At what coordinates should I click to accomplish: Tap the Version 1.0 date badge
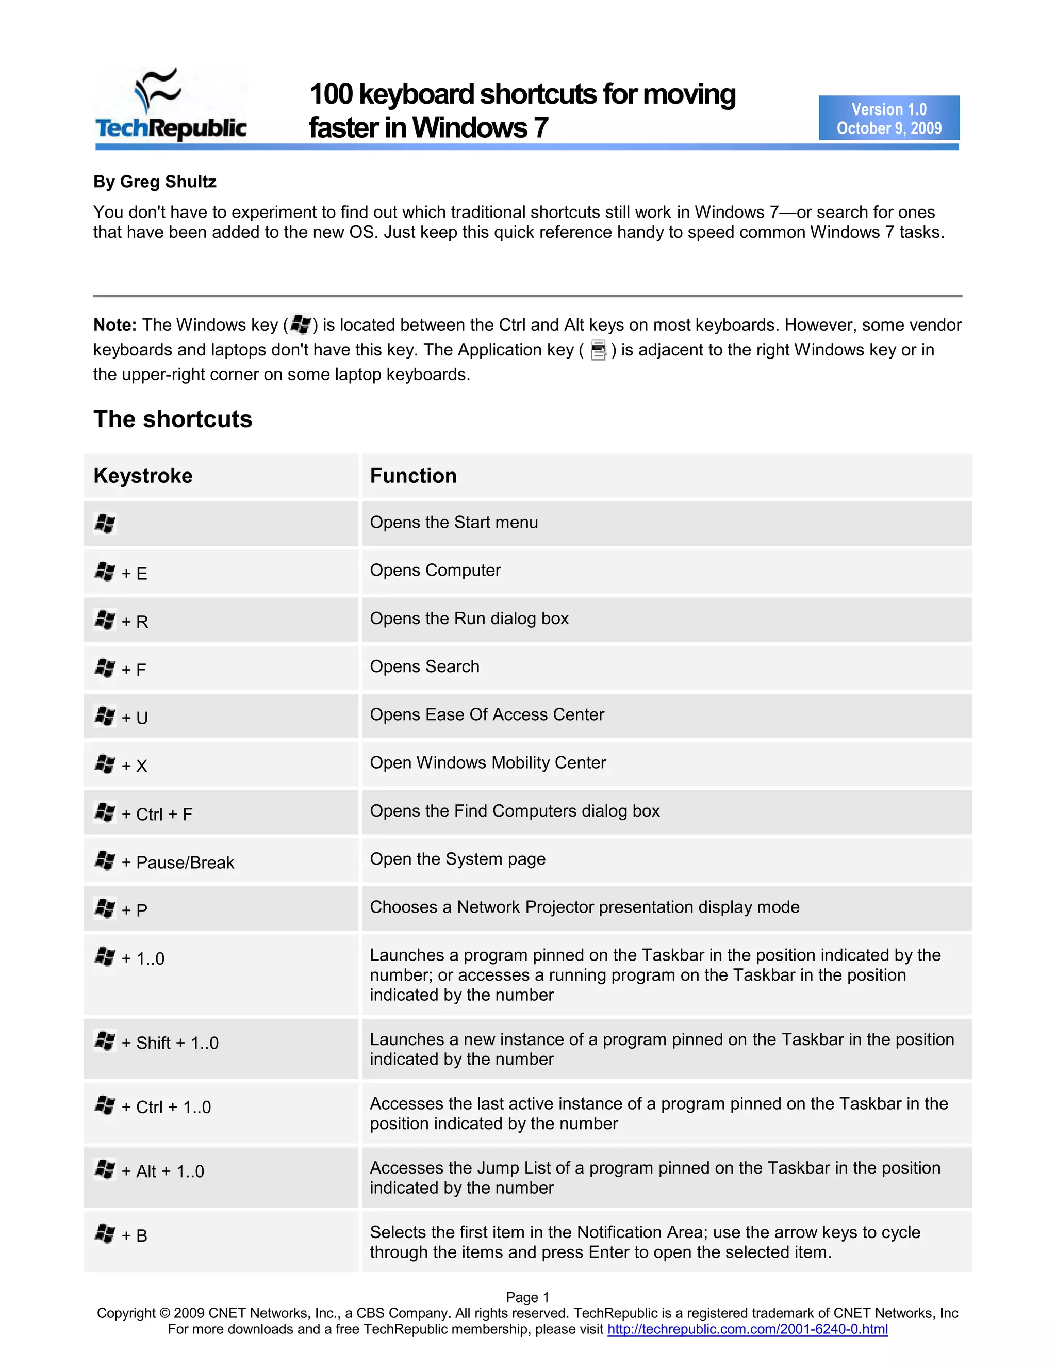pos(888,118)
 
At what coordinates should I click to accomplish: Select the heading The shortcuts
pos(173,419)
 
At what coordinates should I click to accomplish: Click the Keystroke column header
pos(143,476)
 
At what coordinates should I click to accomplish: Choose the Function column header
pos(413,476)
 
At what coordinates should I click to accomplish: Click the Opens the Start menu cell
pos(454,522)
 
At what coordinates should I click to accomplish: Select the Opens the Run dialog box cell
pos(469,619)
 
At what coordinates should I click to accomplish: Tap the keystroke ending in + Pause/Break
pos(164,862)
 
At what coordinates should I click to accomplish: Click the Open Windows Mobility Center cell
pos(488,762)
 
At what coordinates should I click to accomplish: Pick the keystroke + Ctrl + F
pos(143,813)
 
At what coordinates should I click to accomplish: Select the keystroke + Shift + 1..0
pos(156,1043)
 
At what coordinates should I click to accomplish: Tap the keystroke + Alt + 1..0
pos(150,1171)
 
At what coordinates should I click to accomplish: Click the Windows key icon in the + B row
pos(105,1234)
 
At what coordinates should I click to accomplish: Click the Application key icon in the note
pos(598,350)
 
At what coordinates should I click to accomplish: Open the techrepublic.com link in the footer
pos(747,1329)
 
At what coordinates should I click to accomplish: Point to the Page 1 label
pos(527,1297)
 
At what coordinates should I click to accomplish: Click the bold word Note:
pos(114,325)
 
